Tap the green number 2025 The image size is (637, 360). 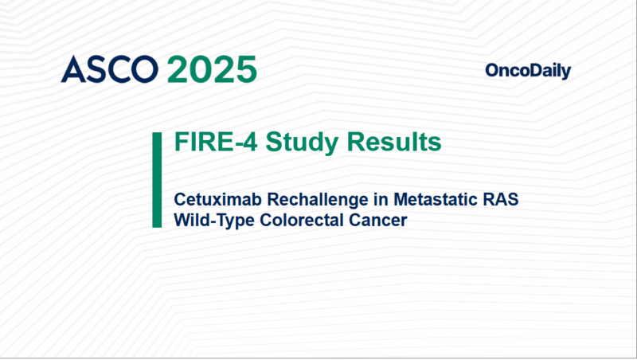tap(212, 70)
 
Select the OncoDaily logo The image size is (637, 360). tap(528, 72)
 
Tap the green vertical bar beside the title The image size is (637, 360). tap(157, 181)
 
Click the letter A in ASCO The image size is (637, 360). tap(73, 70)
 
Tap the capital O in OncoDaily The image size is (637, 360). tap(491, 72)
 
